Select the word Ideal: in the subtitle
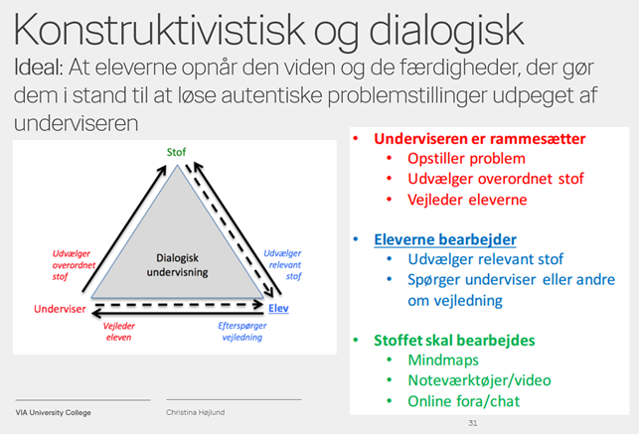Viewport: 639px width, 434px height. (46, 70)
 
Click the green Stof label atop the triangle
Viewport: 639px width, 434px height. (175, 152)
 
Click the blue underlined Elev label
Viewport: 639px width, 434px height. (278, 310)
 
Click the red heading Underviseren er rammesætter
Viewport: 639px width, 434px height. (479, 139)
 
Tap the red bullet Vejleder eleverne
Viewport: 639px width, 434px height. (467, 200)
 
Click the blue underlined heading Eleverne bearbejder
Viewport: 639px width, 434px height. (444, 239)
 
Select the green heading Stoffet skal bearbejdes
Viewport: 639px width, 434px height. (454, 341)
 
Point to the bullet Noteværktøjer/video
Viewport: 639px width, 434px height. (479, 380)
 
